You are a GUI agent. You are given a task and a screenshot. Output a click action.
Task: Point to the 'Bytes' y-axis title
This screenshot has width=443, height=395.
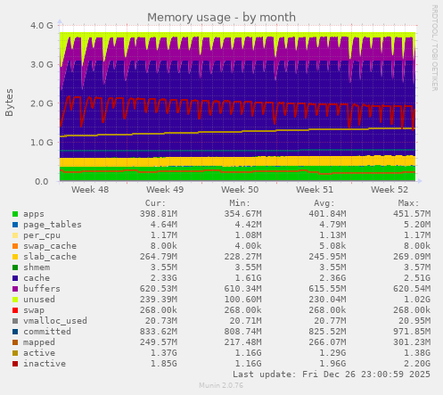pyautogui.click(x=10, y=103)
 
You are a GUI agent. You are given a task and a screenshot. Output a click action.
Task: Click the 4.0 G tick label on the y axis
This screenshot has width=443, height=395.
pyautogui.click(x=40, y=26)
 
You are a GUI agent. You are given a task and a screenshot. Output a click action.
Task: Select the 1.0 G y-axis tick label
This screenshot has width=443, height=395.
pyautogui.click(x=40, y=143)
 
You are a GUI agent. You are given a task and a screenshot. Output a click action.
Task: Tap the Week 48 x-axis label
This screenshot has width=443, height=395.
pyautogui.click(x=90, y=190)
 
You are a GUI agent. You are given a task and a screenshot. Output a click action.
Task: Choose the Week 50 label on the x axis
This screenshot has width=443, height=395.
pyautogui.click(x=240, y=190)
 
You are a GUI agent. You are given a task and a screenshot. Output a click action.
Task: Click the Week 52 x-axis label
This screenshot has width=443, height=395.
pyautogui.click(x=390, y=190)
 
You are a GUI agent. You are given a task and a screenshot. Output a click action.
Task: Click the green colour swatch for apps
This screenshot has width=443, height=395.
pyautogui.click(x=14, y=214)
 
